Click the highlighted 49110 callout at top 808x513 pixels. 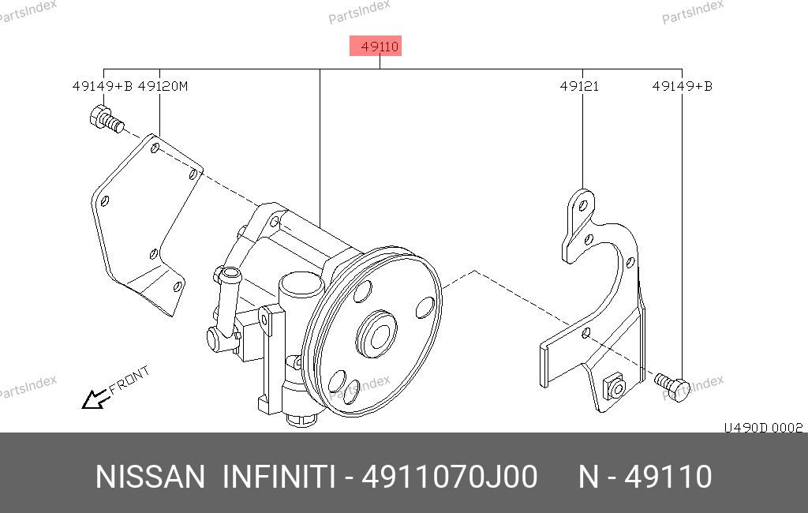[376, 47]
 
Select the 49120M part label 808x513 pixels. [163, 86]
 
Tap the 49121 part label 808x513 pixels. [580, 86]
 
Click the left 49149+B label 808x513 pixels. [103, 86]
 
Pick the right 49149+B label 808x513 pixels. [683, 86]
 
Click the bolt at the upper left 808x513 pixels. [107, 119]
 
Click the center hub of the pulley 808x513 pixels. [376, 334]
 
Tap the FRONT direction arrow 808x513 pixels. [95, 399]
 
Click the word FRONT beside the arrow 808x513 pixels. [129, 379]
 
